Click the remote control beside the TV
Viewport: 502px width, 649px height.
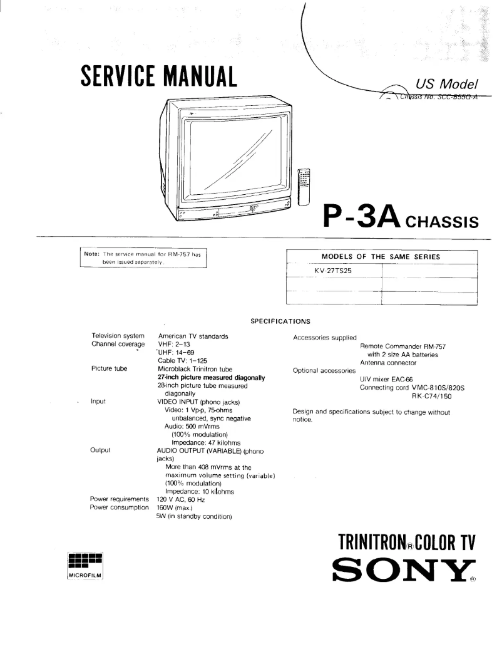(304, 187)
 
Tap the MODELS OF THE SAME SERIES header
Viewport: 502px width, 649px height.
(381, 257)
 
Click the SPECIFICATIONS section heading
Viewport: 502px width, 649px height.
(280, 321)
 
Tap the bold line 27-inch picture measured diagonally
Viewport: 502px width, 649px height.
(211, 378)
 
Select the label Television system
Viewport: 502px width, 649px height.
(118, 336)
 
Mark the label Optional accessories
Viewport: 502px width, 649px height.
(324, 371)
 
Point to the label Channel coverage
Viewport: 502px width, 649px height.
(118, 345)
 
